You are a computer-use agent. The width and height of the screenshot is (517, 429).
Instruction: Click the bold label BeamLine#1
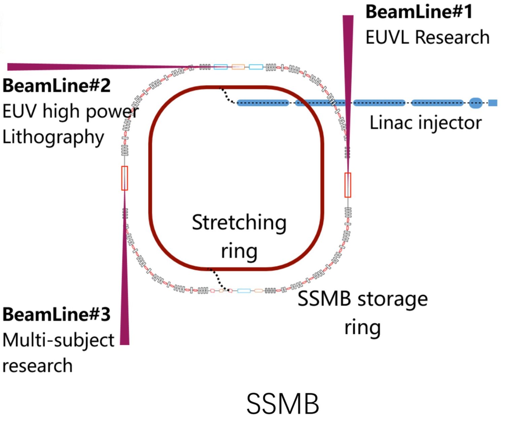(x=419, y=12)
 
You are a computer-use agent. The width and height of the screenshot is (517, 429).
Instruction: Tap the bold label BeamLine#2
(x=57, y=86)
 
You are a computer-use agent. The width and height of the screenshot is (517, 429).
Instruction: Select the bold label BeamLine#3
(x=57, y=314)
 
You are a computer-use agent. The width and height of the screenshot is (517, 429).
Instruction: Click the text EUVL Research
(x=427, y=37)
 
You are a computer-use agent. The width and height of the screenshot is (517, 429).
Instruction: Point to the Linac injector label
(x=425, y=123)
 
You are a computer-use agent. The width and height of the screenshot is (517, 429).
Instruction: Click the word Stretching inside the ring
(x=239, y=223)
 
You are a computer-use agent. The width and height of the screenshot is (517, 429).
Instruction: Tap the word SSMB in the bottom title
(x=282, y=404)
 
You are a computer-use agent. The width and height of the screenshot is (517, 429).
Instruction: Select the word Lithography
(x=53, y=137)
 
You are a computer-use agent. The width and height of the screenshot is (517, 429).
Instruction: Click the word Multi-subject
(x=58, y=340)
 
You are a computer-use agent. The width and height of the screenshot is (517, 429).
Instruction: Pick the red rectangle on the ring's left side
(x=125, y=178)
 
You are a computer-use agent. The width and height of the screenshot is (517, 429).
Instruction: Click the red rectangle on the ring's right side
(x=348, y=185)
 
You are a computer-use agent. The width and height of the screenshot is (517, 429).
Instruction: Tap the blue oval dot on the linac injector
(x=475, y=103)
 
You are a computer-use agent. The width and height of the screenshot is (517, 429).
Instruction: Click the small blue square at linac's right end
(x=493, y=103)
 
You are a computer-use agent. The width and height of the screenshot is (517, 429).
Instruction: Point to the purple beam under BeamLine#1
(x=348, y=67)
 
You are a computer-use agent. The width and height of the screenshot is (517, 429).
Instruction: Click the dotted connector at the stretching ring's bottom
(x=219, y=280)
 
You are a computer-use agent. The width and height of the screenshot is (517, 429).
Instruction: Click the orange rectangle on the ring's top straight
(x=238, y=67)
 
